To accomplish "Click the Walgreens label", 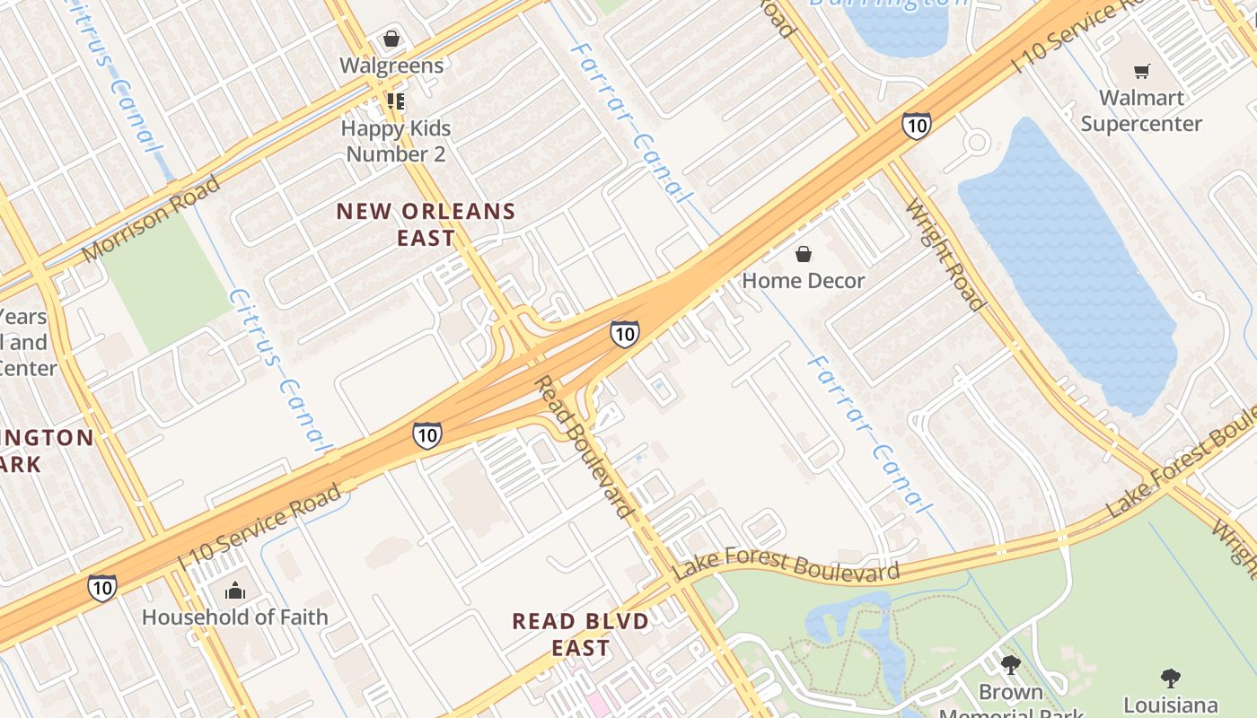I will (x=391, y=66).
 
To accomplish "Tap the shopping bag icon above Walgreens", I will (x=391, y=39).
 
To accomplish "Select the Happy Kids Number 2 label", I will (x=396, y=141).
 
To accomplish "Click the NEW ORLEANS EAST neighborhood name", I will (x=426, y=224).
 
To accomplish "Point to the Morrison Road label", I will (x=150, y=219).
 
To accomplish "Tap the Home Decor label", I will (x=803, y=281).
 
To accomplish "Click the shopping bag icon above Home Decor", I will (x=804, y=254).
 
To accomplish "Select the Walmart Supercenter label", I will (x=1141, y=110).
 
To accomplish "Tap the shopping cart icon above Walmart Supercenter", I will (x=1141, y=71).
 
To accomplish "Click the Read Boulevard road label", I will (x=585, y=446).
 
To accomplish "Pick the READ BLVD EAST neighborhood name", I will (x=580, y=634).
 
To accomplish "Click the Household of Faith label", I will (x=234, y=617).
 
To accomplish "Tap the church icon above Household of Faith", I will (x=235, y=590).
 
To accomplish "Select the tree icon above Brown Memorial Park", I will (x=1011, y=665).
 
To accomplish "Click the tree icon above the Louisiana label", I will (x=1170, y=678).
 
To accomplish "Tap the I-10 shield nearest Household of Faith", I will (x=101, y=588).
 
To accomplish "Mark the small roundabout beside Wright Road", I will (x=977, y=142).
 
